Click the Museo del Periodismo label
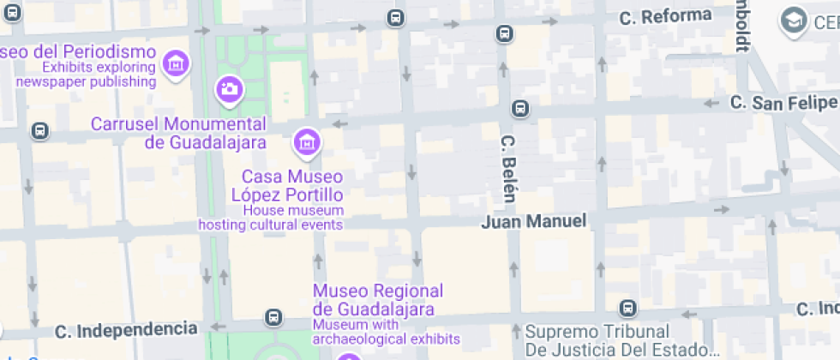tap(77, 51)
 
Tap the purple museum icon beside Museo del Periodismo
tap(176, 63)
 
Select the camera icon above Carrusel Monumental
tap(229, 88)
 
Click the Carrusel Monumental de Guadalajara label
tap(178, 133)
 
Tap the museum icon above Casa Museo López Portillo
tap(306, 142)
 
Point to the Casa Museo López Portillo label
tap(287, 185)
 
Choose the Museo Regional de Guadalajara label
tap(378, 300)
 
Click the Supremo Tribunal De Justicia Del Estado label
tap(622, 340)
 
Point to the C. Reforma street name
tap(665, 15)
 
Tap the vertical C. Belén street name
tap(507, 168)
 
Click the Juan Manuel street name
tap(534, 221)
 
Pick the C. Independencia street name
tap(126, 329)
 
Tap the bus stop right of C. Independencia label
tap(273, 317)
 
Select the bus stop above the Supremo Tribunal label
tap(627, 308)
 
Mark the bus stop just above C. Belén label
tap(519, 109)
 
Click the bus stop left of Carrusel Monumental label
tap(39, 131)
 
